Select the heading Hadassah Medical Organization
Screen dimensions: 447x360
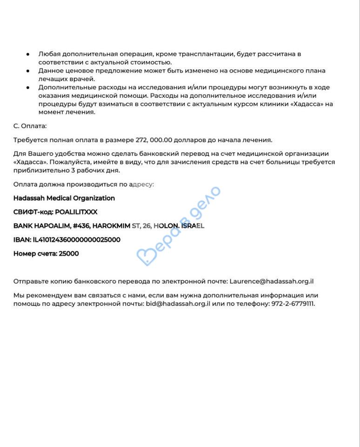point(64,198)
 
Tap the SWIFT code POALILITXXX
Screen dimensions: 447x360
point(76,212)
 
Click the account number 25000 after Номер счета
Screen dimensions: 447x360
point(69,254)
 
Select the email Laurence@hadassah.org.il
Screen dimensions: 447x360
point(272,282)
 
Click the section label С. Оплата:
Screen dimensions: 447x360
point(30,126)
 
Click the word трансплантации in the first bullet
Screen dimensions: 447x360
point(209,54)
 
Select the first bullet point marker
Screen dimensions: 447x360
point(28,54)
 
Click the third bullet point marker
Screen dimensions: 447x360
point(28,88)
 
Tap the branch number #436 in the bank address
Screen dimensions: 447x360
point(82,226)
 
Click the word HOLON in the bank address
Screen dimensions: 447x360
point(166,226)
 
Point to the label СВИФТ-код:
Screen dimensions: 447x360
point(33,212)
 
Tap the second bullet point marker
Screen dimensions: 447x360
point(28,71)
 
